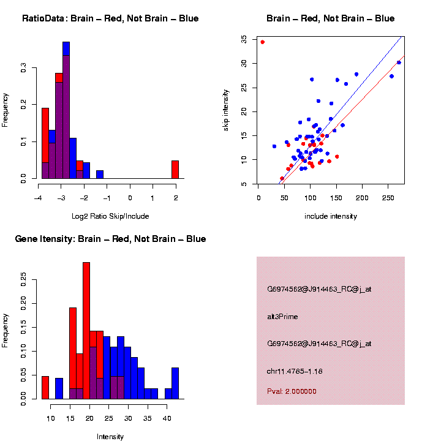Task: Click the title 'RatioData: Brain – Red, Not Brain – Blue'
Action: pos(110,18)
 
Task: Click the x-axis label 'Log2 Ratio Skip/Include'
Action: pos(110,216)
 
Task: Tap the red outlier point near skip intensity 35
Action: pos(262,42)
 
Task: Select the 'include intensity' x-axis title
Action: pos(331,216)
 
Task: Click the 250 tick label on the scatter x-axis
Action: pos(388,198)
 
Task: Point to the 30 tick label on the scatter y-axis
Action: pos(243,63)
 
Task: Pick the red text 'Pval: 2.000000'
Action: pos(292,391)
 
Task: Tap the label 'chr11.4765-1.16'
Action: pos(295,371)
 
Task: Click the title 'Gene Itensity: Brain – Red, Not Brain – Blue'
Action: pos(110,239)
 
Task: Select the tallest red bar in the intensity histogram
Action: pos(86,331)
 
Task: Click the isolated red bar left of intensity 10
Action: pos(45,388)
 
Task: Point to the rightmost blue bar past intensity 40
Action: pos(175,383)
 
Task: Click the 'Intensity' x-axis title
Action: pos(110,437)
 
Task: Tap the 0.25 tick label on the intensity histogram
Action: pos(23,279)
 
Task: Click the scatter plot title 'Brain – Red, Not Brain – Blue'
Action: pos(331,18)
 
